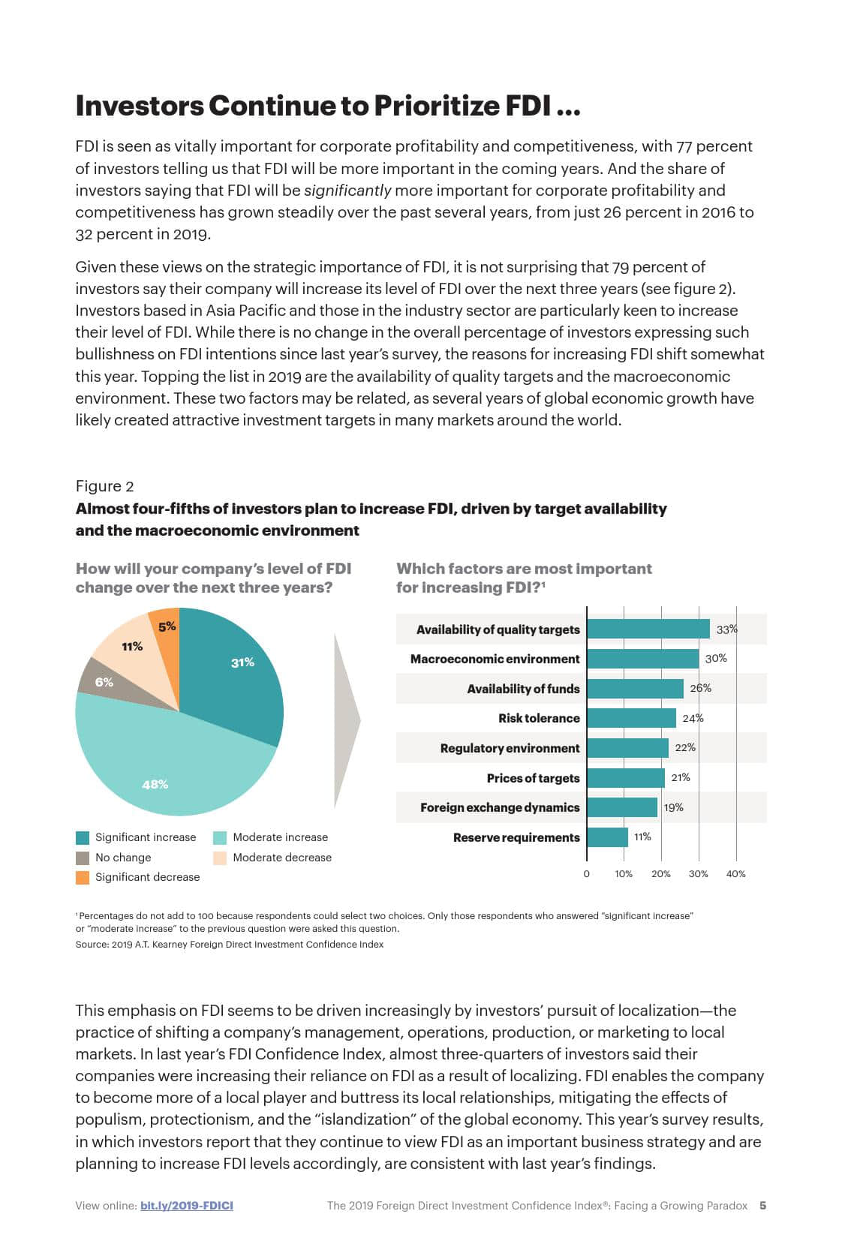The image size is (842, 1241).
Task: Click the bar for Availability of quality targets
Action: pos(648,629)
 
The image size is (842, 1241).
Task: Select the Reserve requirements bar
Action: pos(607,837)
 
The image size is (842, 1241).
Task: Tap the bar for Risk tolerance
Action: pos(631,718)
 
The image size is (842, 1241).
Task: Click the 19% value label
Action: pos(673,807)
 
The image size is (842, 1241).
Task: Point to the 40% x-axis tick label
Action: pos(735,873)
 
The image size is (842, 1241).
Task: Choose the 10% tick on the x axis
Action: pos(624,873)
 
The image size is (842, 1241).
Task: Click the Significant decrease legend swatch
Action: pos(83,877)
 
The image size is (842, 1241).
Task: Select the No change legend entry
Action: pos(122,858)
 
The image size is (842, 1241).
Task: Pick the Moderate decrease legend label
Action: pos(282,858)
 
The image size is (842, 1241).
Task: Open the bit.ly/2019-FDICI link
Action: pos(186,1206)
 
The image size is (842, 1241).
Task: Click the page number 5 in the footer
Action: pos(762,1206)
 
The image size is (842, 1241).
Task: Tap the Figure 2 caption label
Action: pos(104,486)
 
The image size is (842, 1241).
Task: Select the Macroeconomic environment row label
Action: pos(495,659)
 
